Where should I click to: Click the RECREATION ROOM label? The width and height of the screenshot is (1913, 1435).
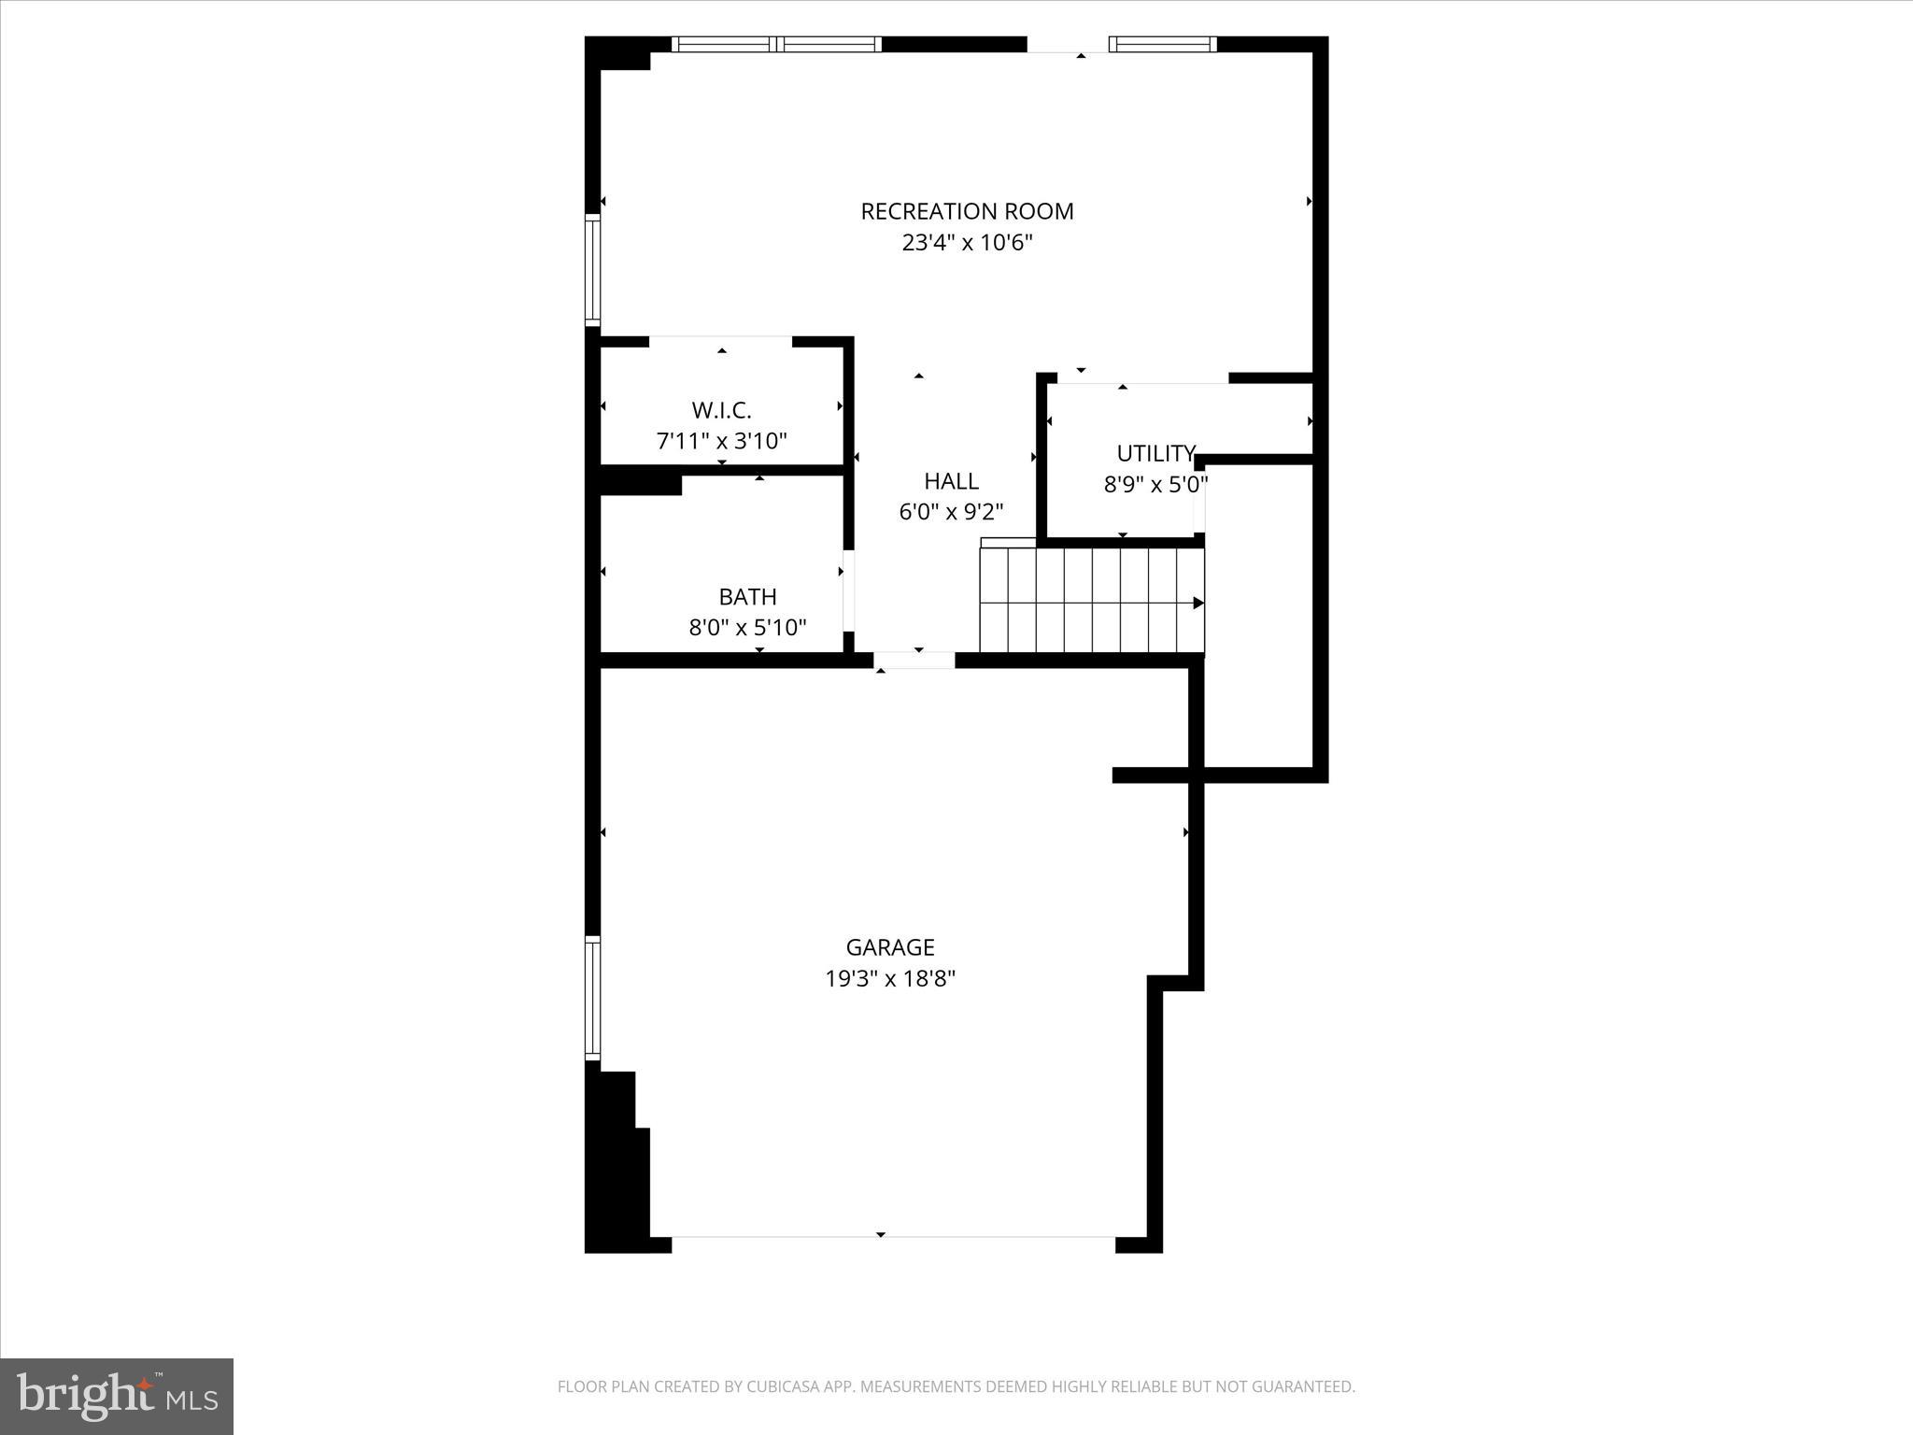coord(967,211)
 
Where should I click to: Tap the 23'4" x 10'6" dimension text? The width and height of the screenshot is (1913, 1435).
coord(967,243)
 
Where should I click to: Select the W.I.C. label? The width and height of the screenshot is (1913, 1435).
coord(721,410)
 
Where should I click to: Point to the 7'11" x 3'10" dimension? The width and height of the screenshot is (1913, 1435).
coord(721,441)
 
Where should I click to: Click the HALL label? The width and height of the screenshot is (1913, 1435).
coord(951,481)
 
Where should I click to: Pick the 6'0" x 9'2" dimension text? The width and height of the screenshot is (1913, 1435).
coord(951,512)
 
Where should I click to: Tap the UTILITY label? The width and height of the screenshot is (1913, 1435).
coord(1155,453)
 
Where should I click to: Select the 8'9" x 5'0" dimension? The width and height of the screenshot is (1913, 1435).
coord(1155,485)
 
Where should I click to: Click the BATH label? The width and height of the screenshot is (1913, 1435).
coord(747,596)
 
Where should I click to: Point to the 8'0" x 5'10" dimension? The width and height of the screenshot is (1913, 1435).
coord(747,627)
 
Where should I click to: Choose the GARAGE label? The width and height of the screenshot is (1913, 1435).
coord(889,947)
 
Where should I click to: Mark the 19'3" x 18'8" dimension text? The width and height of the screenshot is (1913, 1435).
coord(889,979)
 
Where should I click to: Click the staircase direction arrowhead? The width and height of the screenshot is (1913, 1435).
coord(1198,604)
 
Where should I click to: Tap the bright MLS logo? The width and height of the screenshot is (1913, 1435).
coord(117,1397)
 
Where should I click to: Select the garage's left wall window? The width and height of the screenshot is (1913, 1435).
coord(592,998)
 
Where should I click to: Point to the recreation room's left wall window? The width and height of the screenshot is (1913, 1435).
coord(592,269)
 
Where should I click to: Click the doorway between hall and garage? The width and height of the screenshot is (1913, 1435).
coord(914,661)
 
